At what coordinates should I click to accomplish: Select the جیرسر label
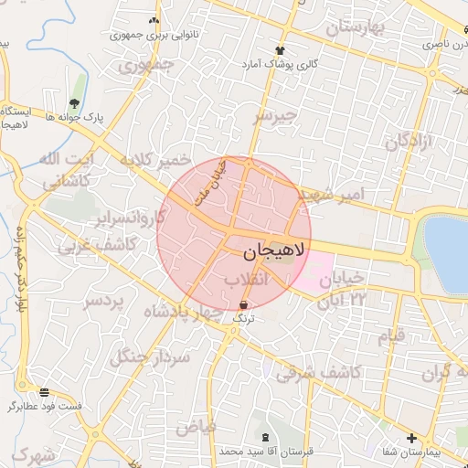click(x=276, y=117)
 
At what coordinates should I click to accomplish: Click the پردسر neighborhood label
click(x=102, y=301)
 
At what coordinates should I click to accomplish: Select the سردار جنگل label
click(x=150, y=356)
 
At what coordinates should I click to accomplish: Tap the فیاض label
click(x=196, y=427)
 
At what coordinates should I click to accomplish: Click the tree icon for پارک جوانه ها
click(x=74, y=102)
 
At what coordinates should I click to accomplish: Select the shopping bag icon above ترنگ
click(x=243, y=304)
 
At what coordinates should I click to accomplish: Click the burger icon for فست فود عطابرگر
click(x=45, y=391)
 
